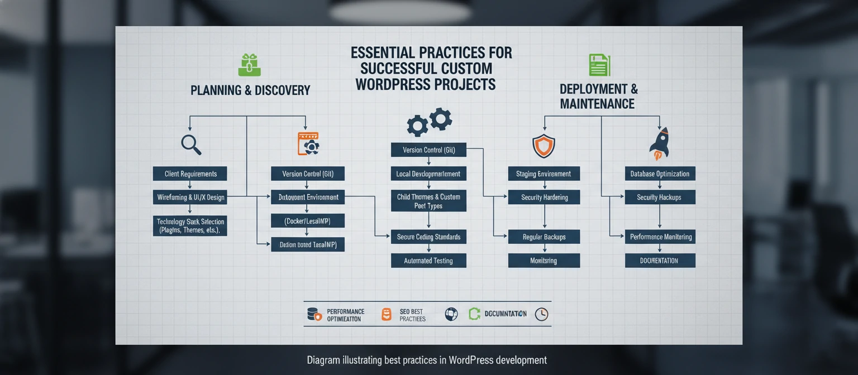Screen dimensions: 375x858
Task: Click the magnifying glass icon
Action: point(191,145)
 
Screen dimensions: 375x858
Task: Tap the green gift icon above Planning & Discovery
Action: point(250,65)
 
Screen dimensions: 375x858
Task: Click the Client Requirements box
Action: point(190,174)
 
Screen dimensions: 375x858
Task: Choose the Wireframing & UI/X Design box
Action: point(190,196)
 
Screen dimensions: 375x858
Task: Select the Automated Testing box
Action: point(428,261)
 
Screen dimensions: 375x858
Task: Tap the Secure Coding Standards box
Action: point(428,237)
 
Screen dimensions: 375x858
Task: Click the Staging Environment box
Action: point(544,174)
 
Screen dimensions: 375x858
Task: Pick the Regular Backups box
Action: point(544,237)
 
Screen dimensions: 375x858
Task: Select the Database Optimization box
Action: point(660,174)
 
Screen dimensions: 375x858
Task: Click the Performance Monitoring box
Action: point(660,237)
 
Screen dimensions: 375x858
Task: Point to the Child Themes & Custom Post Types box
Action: point(428,201)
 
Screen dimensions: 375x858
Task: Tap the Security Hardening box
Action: point(544,197)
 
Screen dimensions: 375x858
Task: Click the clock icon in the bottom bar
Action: point(541,314)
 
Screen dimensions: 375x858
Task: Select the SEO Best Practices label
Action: point(412,315)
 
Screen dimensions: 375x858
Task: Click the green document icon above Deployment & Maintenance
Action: point(599,65)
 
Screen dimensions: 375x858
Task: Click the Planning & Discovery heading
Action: point(250,90)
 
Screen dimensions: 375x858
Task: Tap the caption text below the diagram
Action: point(427,360)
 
